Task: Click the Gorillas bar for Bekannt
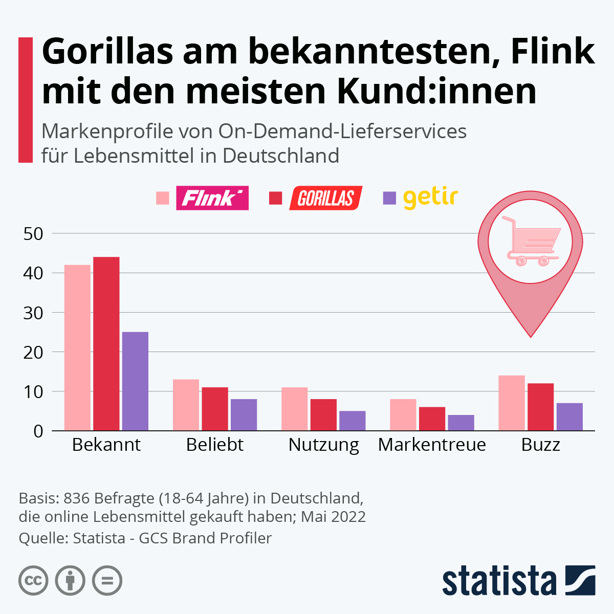coord(106,343)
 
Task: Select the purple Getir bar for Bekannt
coord(135,381)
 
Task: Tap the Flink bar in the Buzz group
coord(512,403)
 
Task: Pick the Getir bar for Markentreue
coord(461,423)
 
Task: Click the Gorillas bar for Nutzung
coord(324,415)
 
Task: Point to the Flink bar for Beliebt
coord(186,405)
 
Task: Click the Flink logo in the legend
coord(212,198)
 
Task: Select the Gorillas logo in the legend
coord(326,198)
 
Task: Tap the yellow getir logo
coord(430,198)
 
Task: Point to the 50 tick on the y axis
coord(33,234)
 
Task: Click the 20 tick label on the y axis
coord(33,352)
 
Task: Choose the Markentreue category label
coord(432,445)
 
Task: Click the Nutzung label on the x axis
coord(324,445)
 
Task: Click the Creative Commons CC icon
coord(33,581)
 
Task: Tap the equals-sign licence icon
coord(107,581)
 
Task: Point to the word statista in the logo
coord(499,581)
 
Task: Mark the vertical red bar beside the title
coord(26,100)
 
